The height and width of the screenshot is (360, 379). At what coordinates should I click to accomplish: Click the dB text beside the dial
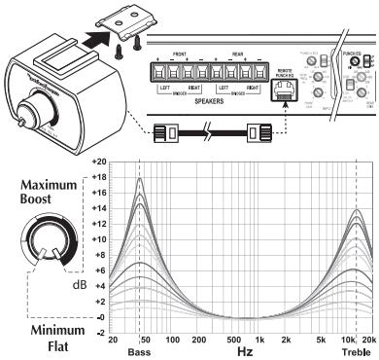[x=82, y=284]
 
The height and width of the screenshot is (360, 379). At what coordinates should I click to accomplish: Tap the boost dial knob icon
[x=48, y=248]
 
